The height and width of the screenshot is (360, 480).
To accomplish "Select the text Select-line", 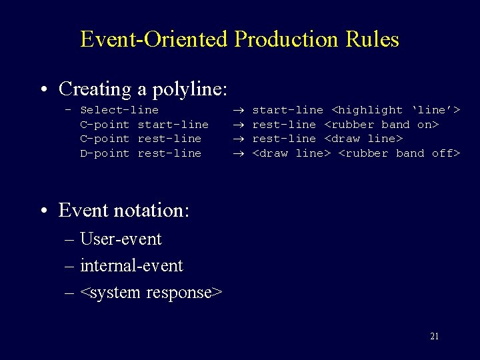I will point(119,110).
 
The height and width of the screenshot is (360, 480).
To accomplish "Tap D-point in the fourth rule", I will point(105,153).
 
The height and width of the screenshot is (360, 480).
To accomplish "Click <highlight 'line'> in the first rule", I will point(396,110).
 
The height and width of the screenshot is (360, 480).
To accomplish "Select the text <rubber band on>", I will point(381,125).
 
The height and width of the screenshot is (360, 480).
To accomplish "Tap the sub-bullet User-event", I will point(121,239).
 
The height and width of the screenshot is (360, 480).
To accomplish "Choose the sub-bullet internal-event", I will point(131,265).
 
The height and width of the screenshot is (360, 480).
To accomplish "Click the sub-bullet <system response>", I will point(151,292).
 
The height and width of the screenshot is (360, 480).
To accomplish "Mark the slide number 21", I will point(434,337).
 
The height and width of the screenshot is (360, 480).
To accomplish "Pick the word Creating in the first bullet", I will point(95,89).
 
